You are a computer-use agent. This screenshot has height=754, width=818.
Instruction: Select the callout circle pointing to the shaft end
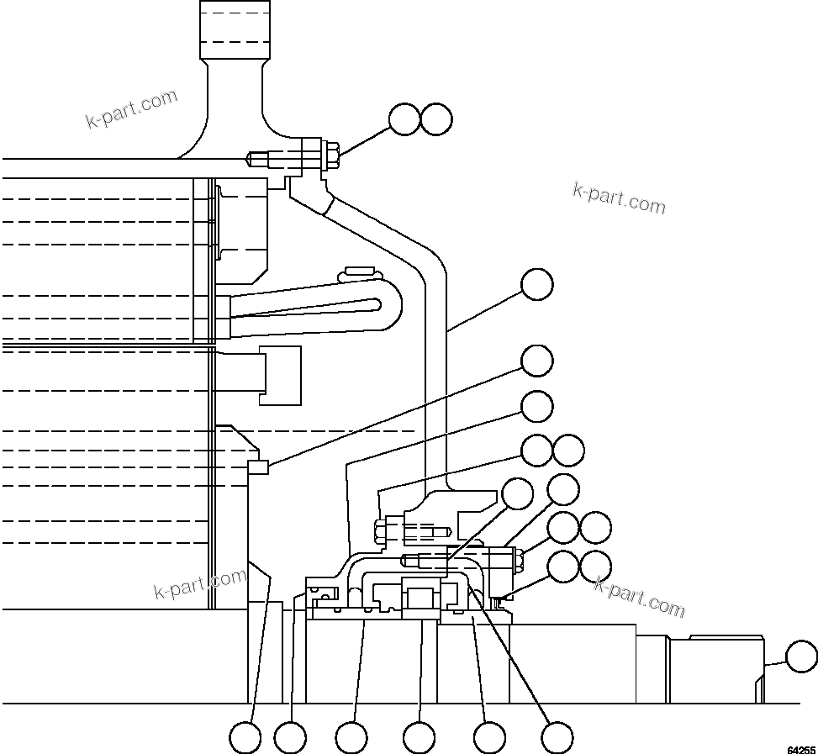click(x=800, y=656)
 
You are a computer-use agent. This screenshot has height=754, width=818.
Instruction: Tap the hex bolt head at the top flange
click(x=330, y=157)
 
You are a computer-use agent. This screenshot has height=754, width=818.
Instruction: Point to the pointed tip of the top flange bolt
click(x=250, y=157)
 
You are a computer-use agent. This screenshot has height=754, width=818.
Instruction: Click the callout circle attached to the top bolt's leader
click(x=404, y=119)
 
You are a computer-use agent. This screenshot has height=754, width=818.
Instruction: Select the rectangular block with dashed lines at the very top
click(x=235, y=29)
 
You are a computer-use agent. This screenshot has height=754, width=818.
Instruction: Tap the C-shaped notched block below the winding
click(x=281, y=375)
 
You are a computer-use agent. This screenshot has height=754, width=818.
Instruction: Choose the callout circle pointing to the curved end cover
click(x=537, y=284)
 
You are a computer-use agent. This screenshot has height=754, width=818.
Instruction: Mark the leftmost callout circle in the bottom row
click(x=245, y=738)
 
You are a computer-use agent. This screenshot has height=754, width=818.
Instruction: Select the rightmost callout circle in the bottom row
click(x=557, y=738)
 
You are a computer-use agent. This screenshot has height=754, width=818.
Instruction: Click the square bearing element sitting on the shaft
click(x=420, y=598)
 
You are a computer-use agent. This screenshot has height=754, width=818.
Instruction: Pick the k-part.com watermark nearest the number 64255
click(x=639, y=595)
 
